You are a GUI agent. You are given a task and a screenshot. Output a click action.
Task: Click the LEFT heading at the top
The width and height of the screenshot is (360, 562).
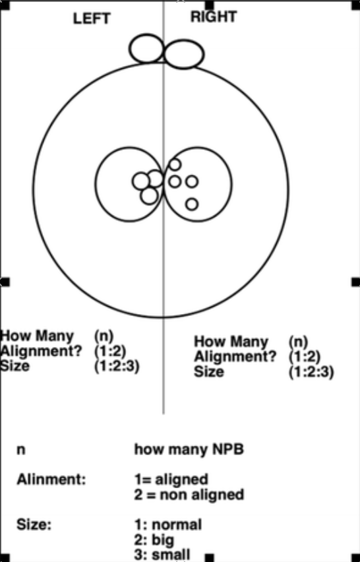tap(92, 18)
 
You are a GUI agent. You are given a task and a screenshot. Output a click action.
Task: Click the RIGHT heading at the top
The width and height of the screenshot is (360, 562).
tap(214, 17)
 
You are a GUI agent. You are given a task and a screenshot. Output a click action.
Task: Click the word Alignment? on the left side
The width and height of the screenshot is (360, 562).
tap(41, 351)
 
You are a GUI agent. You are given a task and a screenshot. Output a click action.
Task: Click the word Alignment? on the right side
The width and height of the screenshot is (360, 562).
tap(235, 357)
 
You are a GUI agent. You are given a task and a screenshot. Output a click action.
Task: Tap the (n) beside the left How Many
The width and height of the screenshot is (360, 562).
tap(104, 336)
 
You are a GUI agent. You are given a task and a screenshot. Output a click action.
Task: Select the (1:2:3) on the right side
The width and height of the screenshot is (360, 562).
tap(311, 372)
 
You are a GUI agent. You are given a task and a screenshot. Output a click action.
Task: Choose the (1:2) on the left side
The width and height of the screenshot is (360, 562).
tap(110, 352)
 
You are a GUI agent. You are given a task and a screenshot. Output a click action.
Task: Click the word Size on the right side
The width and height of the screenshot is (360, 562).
tap(209, 371)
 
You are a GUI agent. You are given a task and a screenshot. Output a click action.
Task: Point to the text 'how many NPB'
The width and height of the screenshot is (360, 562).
tap(189, 449)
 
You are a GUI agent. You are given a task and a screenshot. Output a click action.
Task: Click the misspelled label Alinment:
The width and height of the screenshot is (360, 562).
tap(51, 479)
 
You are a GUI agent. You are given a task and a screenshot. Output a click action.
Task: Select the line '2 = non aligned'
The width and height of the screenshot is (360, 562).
tap(189, 495)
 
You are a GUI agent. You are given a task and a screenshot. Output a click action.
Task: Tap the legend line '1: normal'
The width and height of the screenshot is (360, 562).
tap(168, 524)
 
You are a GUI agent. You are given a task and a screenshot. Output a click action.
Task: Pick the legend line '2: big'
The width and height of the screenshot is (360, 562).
tap(154, 540)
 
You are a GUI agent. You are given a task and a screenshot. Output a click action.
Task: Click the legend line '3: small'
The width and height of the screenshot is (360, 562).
tap(162, 555)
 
